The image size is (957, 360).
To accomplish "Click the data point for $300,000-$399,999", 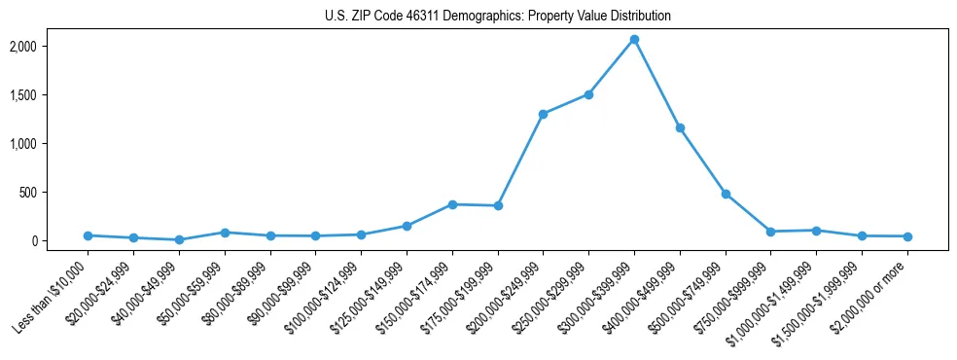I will [634, 40].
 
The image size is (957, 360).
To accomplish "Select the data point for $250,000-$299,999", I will [588, 94].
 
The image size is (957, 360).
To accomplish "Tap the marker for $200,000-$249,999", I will [543, 114].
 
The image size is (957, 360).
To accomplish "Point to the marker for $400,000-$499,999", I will [680, 128].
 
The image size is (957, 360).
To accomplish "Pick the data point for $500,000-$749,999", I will [726, 194].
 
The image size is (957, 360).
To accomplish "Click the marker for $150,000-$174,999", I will [452, 204].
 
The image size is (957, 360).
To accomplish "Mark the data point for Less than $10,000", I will [89, 235].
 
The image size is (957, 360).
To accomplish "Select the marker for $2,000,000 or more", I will [907, 236].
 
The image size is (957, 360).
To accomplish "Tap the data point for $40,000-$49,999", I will [179, 239].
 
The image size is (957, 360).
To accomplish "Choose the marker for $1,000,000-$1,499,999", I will [816, 231].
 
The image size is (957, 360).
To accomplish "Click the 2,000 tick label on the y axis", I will [51, 47].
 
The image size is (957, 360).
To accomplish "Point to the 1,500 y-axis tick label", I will [51, 95].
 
